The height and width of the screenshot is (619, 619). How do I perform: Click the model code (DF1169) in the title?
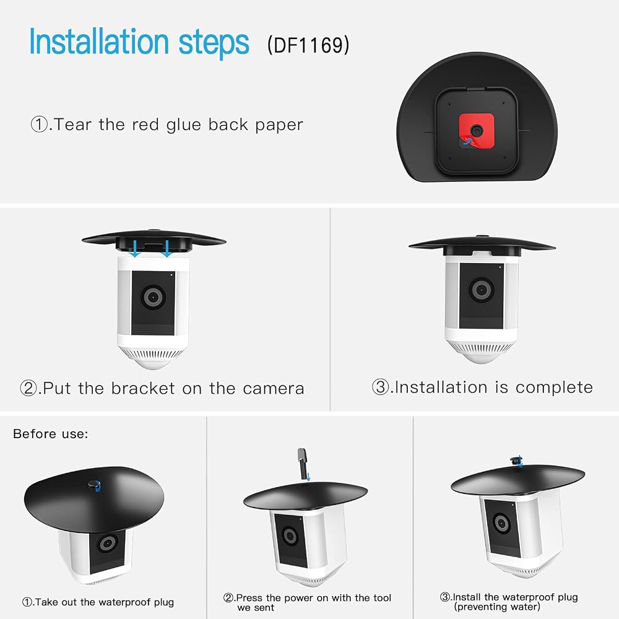[x=308, y=45]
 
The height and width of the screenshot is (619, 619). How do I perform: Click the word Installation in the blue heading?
[x=99, y=41]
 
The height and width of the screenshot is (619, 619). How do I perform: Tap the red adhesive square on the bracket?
[x=476, y=131]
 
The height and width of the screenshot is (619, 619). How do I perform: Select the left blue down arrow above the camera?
[x=136, y=249]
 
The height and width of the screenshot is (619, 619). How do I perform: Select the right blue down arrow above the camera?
[x=167, y=249]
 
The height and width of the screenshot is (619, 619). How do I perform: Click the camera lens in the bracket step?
[x=153, y=297]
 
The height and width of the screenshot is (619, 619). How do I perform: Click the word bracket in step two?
[x=143, y=389]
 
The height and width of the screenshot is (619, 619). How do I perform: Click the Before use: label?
[x=51, y=434]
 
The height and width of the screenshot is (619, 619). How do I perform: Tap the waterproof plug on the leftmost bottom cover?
[x=94, y=485]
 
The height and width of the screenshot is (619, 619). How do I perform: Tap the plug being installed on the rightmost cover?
[x=516, y=461]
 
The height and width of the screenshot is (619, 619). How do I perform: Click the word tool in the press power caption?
[x=382, y=598]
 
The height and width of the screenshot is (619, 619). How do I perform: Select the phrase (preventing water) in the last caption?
[x=497, y=607]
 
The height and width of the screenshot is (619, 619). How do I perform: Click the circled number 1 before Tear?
[x=39, y=124]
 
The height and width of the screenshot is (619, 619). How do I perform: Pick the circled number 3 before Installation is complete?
[x=381, y=387]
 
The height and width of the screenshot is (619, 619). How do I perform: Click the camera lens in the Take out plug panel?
[x=107, y=543]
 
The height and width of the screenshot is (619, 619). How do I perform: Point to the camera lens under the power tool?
[x=290, y=536]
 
